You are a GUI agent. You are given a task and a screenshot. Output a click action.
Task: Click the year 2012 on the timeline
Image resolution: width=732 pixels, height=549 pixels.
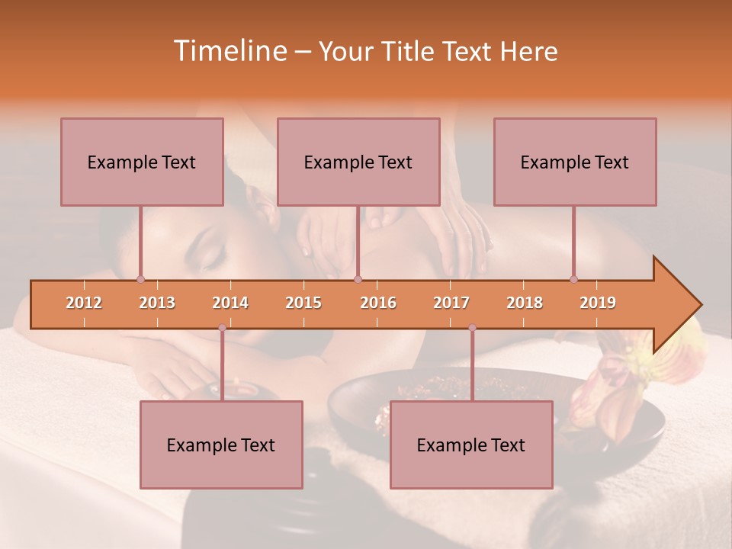click(x=84, y=303)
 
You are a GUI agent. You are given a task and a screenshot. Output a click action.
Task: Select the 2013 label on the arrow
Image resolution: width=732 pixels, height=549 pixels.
click(x=157, y=303)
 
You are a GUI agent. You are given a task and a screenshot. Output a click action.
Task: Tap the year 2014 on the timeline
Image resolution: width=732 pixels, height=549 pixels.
click(x=230, y=303)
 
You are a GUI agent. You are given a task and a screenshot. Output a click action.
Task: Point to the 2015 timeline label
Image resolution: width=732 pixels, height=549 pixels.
click(x=303, y=303)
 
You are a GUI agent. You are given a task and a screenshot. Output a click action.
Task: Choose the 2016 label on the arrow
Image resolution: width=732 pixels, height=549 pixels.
click(x=378, y=303)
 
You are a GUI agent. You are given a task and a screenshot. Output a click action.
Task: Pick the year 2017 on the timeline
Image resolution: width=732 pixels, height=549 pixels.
click(x=451, y=303)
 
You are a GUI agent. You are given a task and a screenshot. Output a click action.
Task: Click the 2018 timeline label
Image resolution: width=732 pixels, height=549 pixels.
click(x=525, y=303)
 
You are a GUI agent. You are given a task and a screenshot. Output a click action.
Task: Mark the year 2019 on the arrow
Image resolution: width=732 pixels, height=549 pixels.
click(x=598, y=303)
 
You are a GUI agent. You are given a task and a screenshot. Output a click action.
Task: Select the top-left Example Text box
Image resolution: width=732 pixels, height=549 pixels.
click(x=142, y=162)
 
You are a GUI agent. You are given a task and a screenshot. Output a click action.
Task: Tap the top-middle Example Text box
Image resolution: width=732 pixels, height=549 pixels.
click(x=358, y=162)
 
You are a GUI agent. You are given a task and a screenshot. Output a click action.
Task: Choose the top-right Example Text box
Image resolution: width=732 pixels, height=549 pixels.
click(x=575, y=162)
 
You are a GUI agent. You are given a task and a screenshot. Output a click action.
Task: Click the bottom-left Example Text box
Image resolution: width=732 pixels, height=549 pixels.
click(x=221, y=445)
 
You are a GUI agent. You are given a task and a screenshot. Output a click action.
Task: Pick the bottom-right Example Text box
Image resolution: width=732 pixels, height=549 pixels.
click(x=471, y=445)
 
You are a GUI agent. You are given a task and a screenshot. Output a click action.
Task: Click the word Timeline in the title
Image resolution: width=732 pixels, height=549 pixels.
click(x=230, y=51)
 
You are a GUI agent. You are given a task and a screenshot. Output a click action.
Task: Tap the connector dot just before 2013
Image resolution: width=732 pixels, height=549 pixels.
click(x=140, y=279)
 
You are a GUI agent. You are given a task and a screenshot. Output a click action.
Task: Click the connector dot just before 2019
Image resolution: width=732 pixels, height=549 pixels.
click(x=573, y=279)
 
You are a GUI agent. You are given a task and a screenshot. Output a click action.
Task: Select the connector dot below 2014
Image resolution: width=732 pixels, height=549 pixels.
click(x=222, y=328)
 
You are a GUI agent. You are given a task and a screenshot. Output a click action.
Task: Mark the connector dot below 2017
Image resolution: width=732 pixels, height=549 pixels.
click(x=472, y=328)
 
